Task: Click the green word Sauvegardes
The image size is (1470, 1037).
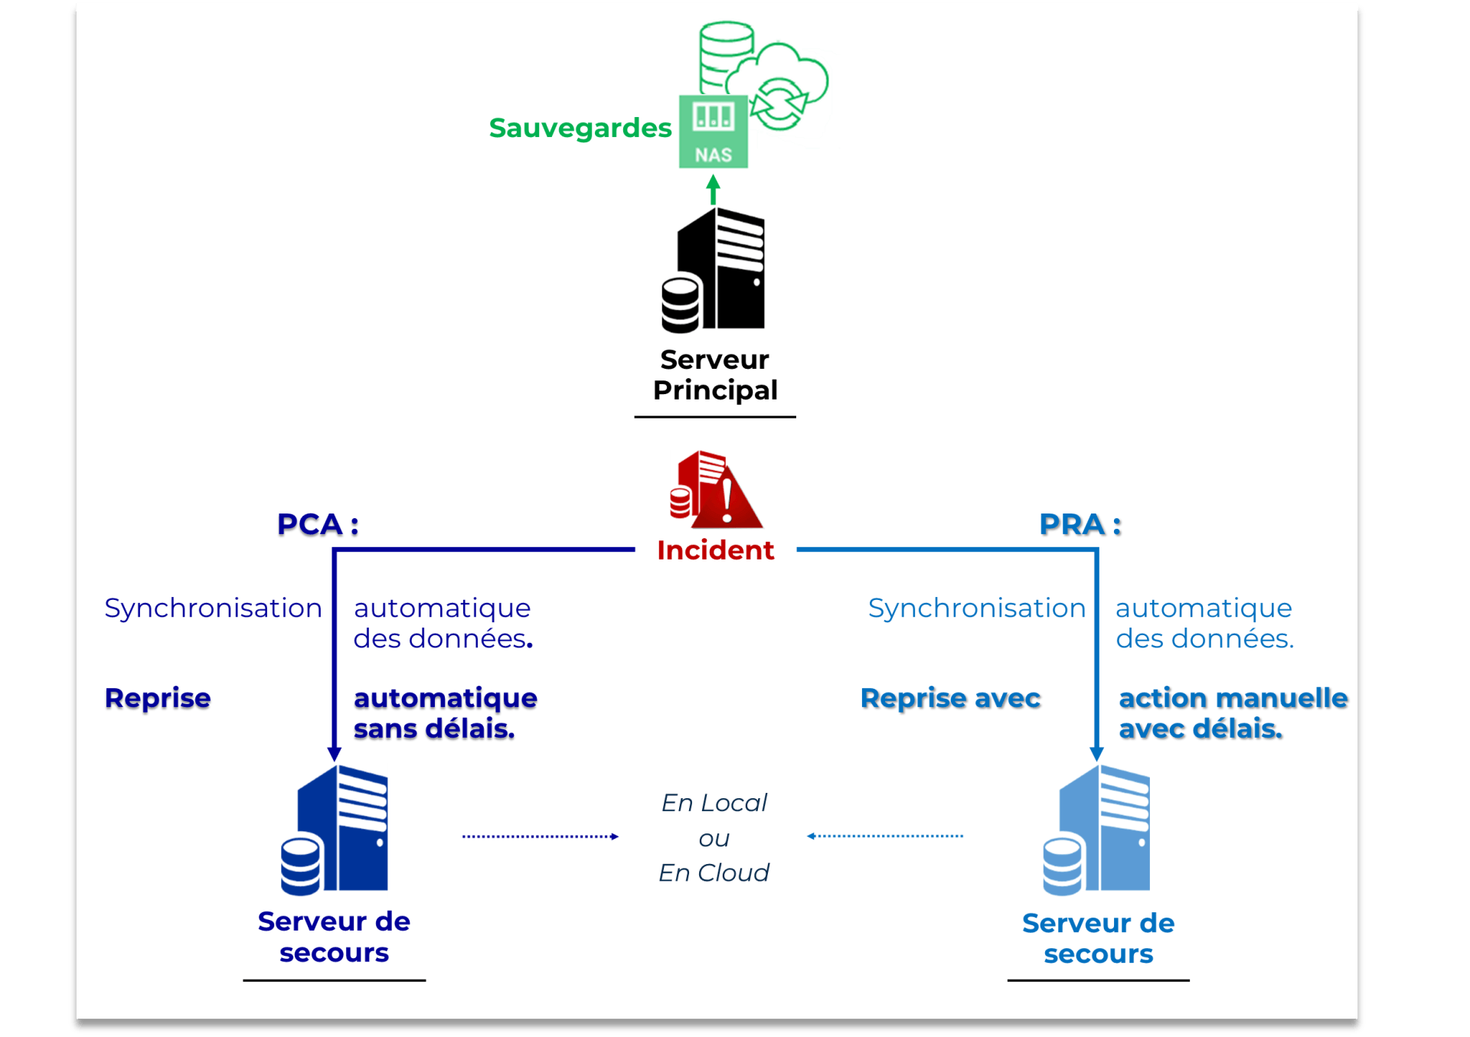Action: tap(580, 128)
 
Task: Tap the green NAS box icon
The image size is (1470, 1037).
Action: tap(713, 132)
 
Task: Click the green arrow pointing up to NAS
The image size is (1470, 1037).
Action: tap(713, 189)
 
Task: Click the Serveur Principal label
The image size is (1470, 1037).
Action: tap(714, 375)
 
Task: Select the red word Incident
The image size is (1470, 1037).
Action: tap(715, 550)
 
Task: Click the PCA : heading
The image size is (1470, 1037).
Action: tap(318, 524)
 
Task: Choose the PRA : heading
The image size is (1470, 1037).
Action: tap(1080, 524)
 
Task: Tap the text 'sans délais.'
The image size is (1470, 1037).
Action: tap(434, 729)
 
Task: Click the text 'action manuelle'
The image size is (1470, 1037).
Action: tap(1233, 698)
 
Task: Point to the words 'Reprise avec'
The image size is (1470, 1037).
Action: tap(950, 698)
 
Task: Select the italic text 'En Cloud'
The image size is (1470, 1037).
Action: tap(714, 872)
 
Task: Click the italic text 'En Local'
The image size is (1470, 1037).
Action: tap(714, 803)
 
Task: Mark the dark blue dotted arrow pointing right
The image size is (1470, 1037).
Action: tap(540, 836)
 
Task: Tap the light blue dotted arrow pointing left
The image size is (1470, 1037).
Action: tap(885, 836)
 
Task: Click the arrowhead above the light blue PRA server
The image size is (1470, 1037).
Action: tap(1096, 753)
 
